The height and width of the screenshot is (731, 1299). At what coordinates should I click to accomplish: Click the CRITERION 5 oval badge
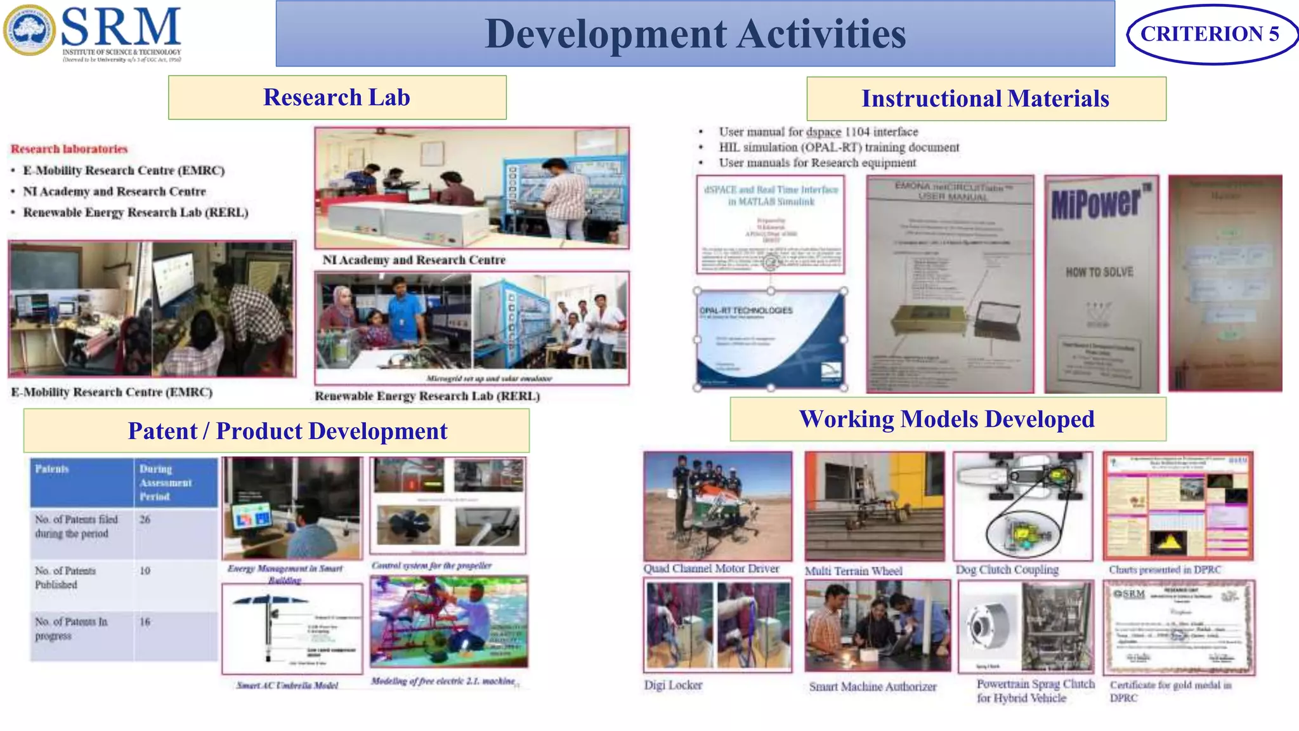1210,34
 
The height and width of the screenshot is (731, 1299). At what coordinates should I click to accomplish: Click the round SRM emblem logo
29,30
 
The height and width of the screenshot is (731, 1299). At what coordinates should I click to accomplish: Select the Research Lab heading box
337,98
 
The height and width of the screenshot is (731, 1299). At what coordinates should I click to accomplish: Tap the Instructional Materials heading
986,99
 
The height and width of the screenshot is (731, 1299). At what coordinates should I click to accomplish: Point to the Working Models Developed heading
947,419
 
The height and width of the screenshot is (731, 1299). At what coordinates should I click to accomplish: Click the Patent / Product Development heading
288,431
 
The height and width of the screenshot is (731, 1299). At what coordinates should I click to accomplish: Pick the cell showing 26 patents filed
146,520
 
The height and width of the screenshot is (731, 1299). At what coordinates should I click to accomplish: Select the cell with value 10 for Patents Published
146,571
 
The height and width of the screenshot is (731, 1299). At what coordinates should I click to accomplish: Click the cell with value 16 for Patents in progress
146,622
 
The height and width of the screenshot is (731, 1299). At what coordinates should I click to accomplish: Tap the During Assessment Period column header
166,483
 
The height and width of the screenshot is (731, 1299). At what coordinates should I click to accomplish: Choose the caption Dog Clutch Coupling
1007,570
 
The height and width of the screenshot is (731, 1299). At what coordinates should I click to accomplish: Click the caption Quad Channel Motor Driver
711,569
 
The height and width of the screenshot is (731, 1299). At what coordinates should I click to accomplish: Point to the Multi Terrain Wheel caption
853,571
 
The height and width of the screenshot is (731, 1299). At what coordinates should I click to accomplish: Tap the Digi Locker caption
673,685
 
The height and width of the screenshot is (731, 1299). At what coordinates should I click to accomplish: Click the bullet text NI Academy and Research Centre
115,192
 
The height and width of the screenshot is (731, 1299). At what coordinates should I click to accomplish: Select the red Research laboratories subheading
69,149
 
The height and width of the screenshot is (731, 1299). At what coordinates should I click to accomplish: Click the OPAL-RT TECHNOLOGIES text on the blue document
746,311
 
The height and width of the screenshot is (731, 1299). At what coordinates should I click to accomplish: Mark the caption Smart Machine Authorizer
873,687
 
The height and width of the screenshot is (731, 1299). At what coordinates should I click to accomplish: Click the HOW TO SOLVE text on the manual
1099,272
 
